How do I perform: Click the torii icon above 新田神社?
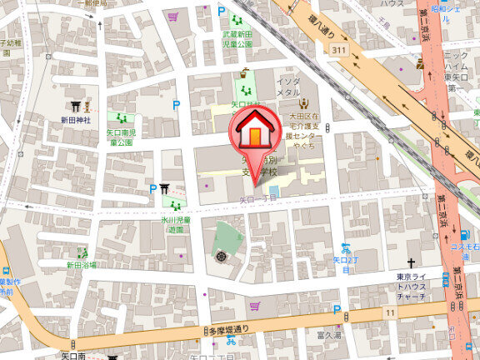click(x=73, y=106)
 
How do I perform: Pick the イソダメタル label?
click(x=289, y=86)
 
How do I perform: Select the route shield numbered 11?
click(x=389, y=311)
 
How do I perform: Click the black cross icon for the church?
click(x=411, y=262)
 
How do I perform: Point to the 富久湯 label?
click(x=331, y=335)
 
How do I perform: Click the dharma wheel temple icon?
click(x=221, y=257)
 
